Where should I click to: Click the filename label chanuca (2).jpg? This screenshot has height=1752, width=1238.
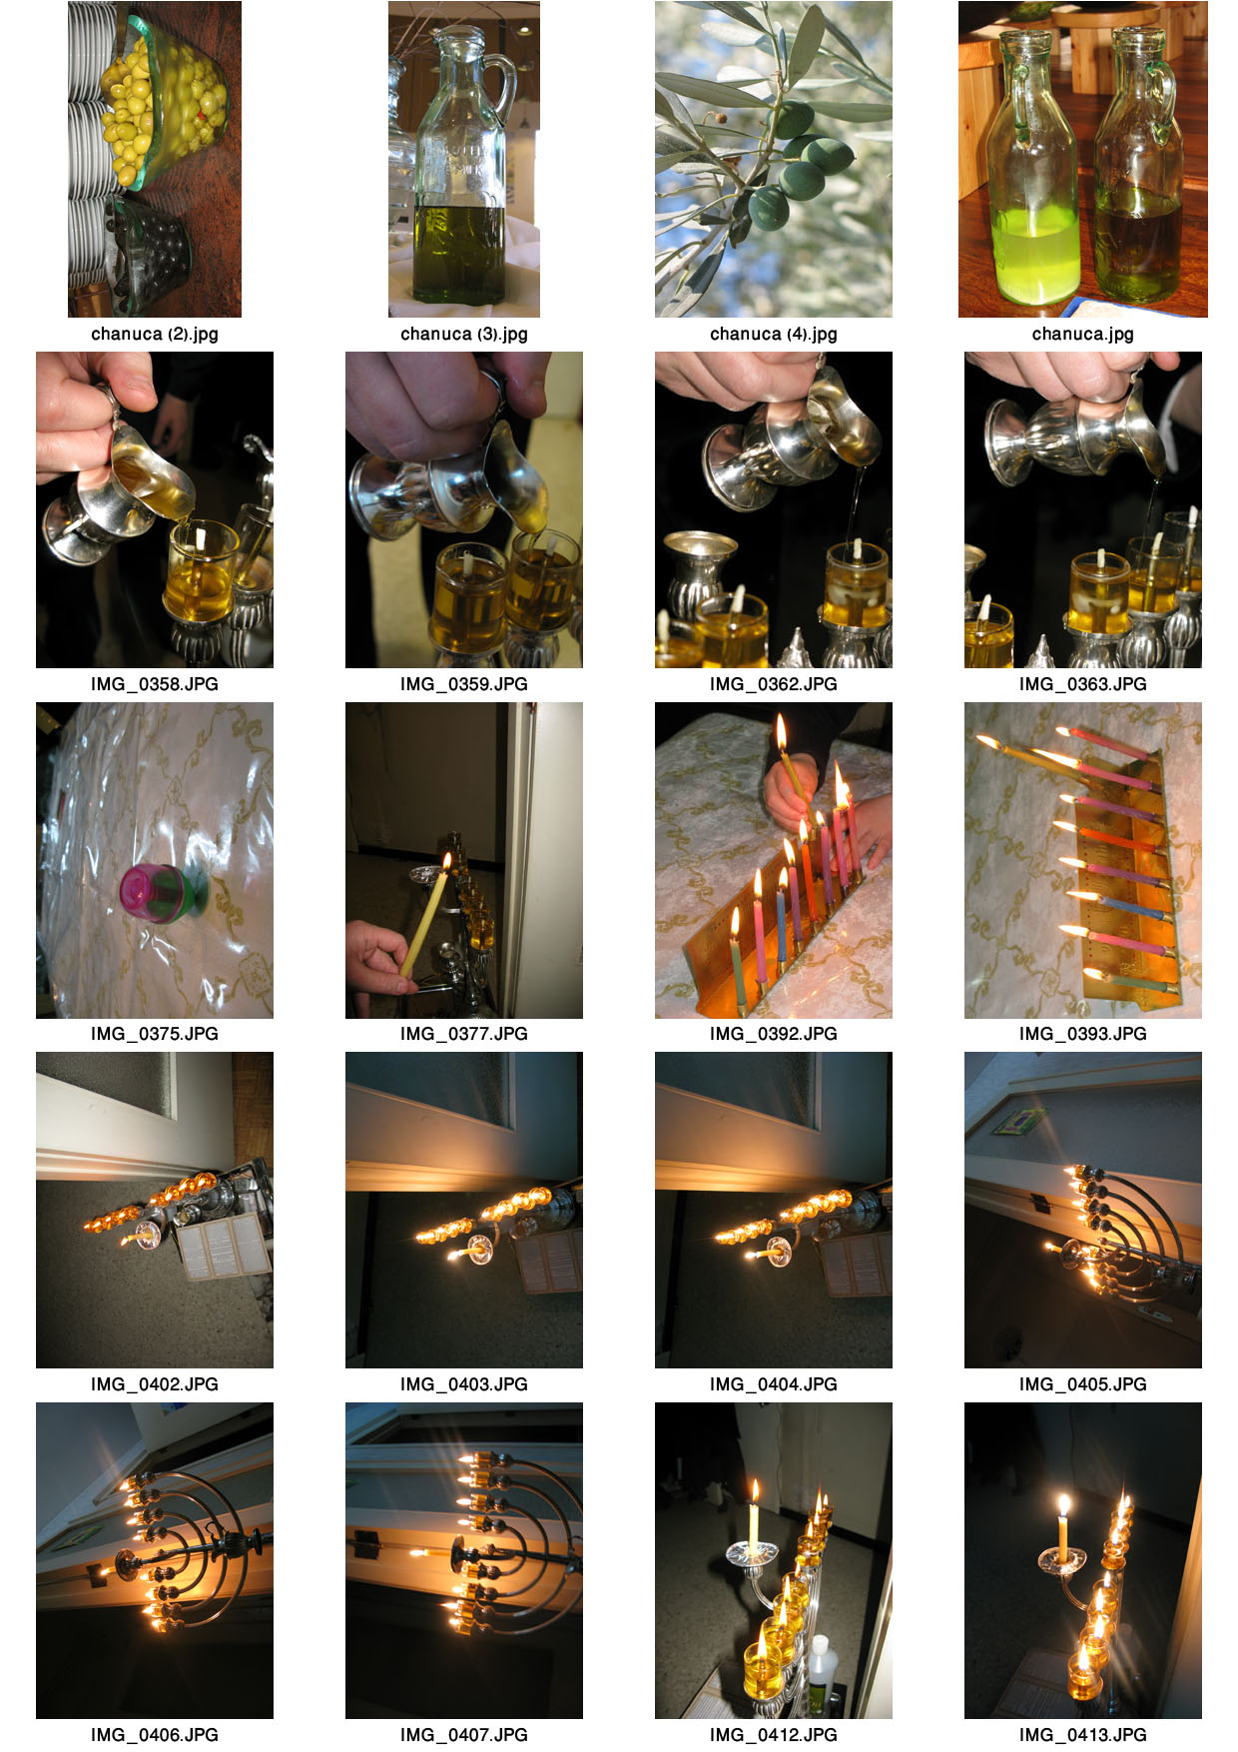tap(155, 334)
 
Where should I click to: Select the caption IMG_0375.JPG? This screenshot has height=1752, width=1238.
tap(155, 1034)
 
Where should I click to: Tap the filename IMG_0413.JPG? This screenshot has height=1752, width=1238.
tap(1083, 1735)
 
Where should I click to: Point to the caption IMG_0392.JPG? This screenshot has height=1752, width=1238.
tap(774, 1034)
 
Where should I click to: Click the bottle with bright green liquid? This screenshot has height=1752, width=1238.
tap(1032, 170)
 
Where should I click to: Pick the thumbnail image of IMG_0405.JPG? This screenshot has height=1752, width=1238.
tap(1083, 1210)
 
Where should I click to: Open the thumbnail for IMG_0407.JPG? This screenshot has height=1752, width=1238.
tap(464, 1560)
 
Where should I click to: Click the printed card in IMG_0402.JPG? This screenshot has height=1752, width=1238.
tap(223, 1248)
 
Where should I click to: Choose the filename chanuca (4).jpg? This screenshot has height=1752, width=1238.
tap(774, 334)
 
